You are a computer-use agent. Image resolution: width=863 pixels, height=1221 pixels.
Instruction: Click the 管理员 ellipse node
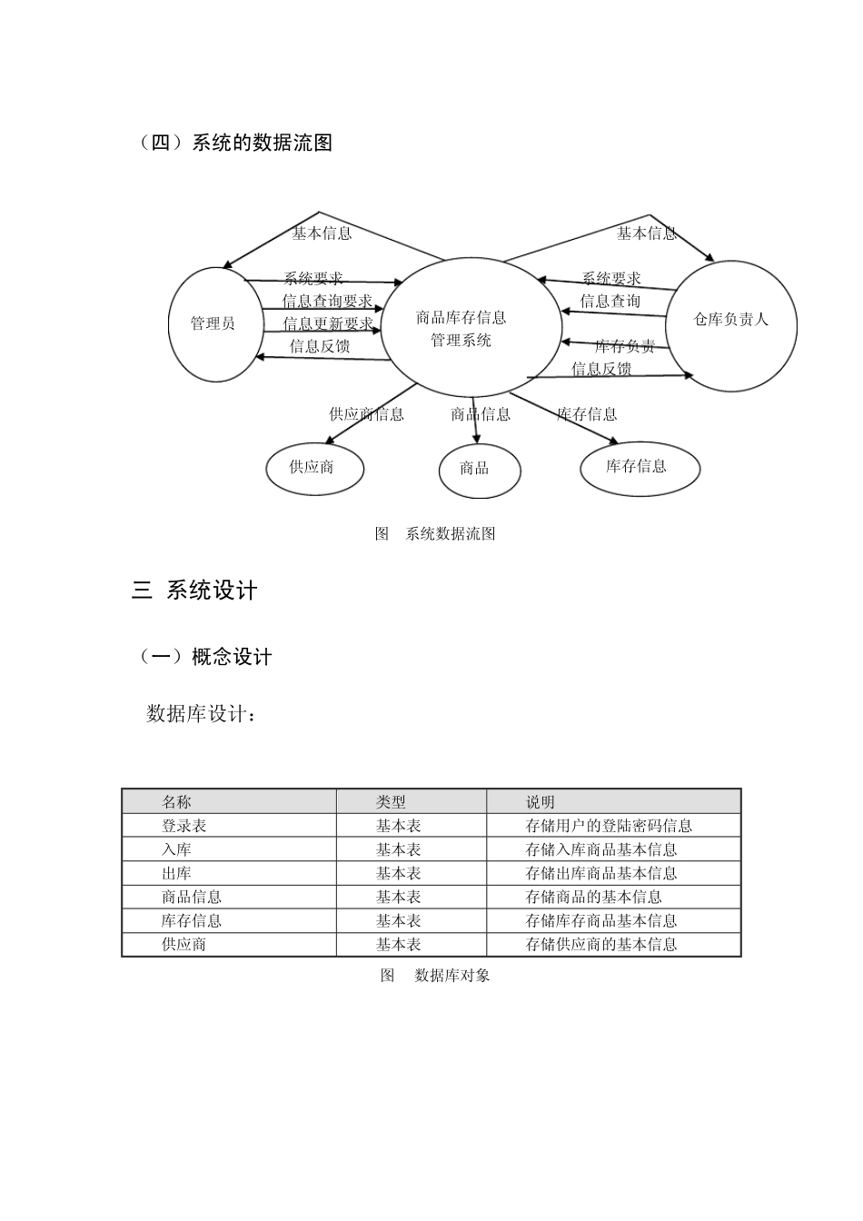coord(214,323)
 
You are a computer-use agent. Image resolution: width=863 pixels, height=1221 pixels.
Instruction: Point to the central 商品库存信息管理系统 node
coord(461,329)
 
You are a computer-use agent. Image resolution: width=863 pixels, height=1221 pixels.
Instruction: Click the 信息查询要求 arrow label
coord(328,302)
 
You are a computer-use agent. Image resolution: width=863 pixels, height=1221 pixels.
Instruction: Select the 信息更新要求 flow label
coord(328,324)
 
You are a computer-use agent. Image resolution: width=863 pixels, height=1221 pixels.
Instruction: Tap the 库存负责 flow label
coord(625,346)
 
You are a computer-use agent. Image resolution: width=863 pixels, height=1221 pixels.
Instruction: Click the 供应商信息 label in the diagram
coord(366,414)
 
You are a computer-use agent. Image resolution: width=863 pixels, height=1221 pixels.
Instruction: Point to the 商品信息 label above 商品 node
coord(481,414)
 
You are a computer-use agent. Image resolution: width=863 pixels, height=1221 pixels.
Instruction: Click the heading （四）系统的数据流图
coord(234,143)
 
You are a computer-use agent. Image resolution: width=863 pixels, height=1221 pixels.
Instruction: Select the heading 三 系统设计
coord(194,591)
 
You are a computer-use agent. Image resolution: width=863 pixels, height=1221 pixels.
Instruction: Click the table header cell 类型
coord(392,802)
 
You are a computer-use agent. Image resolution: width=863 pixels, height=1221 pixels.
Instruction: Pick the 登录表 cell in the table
coord(184,826)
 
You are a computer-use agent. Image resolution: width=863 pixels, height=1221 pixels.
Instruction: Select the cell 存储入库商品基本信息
coord(601,849)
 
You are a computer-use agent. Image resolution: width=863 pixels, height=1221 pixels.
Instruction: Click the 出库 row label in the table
coord(176,873)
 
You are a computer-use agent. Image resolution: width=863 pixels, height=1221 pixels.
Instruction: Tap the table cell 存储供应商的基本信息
coord(601,944)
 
